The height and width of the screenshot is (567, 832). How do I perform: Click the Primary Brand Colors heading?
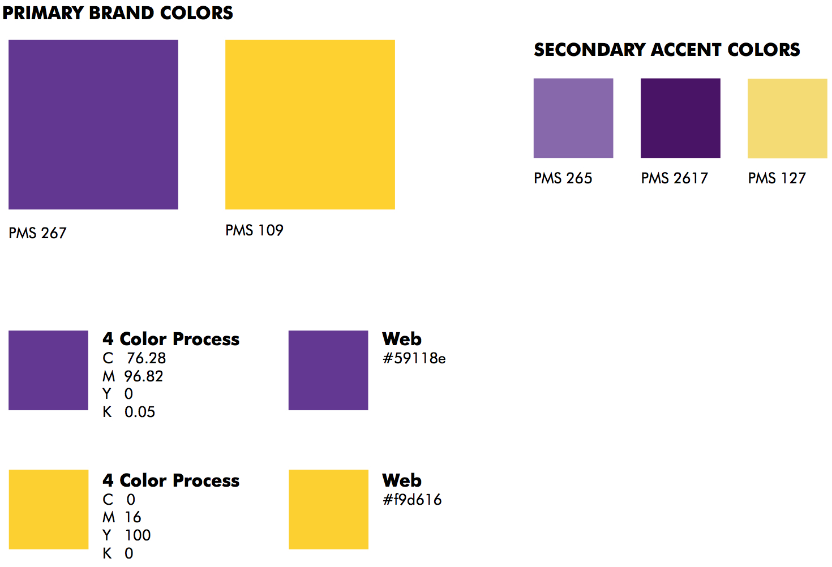118,13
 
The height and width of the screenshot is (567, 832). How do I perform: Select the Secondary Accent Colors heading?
667,50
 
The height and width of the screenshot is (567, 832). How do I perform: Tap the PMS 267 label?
37,233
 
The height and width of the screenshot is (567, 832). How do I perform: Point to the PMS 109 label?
255,230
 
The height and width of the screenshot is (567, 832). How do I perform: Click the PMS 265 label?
563,178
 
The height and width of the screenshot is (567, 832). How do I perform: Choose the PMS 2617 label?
675,178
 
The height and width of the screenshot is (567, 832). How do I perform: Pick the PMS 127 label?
777,178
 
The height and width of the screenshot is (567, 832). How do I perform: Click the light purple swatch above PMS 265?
573,118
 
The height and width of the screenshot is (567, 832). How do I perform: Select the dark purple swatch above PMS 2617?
680,118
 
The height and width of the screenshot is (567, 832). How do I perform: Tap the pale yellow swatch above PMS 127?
787,118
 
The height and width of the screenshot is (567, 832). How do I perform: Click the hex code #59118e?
414,358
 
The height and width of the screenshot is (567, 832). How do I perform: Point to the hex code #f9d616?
412,500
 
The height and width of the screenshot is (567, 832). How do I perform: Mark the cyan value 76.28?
147,358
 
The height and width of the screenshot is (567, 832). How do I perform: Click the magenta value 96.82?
144,376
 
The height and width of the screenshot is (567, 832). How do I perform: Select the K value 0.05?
140,412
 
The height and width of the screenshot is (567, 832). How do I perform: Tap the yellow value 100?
138,535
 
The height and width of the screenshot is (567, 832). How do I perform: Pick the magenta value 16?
133,517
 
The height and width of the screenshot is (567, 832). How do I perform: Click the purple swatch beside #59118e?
328,371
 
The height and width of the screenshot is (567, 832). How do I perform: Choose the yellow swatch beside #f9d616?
329,509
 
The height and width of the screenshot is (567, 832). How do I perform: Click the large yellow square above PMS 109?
310,124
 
